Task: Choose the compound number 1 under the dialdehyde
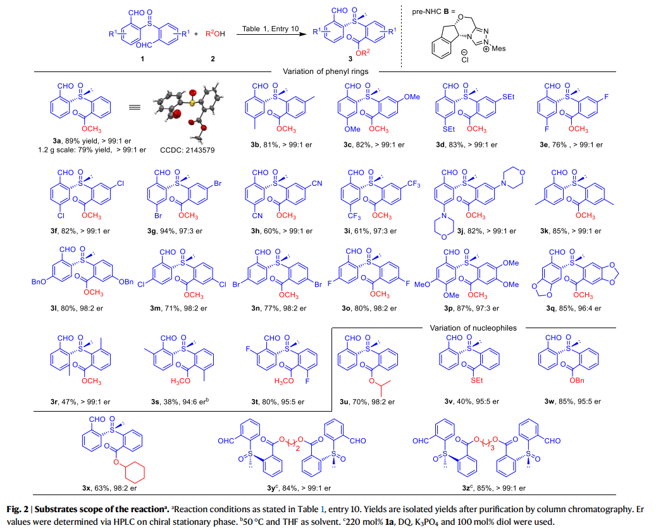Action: [x=142, y=59]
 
